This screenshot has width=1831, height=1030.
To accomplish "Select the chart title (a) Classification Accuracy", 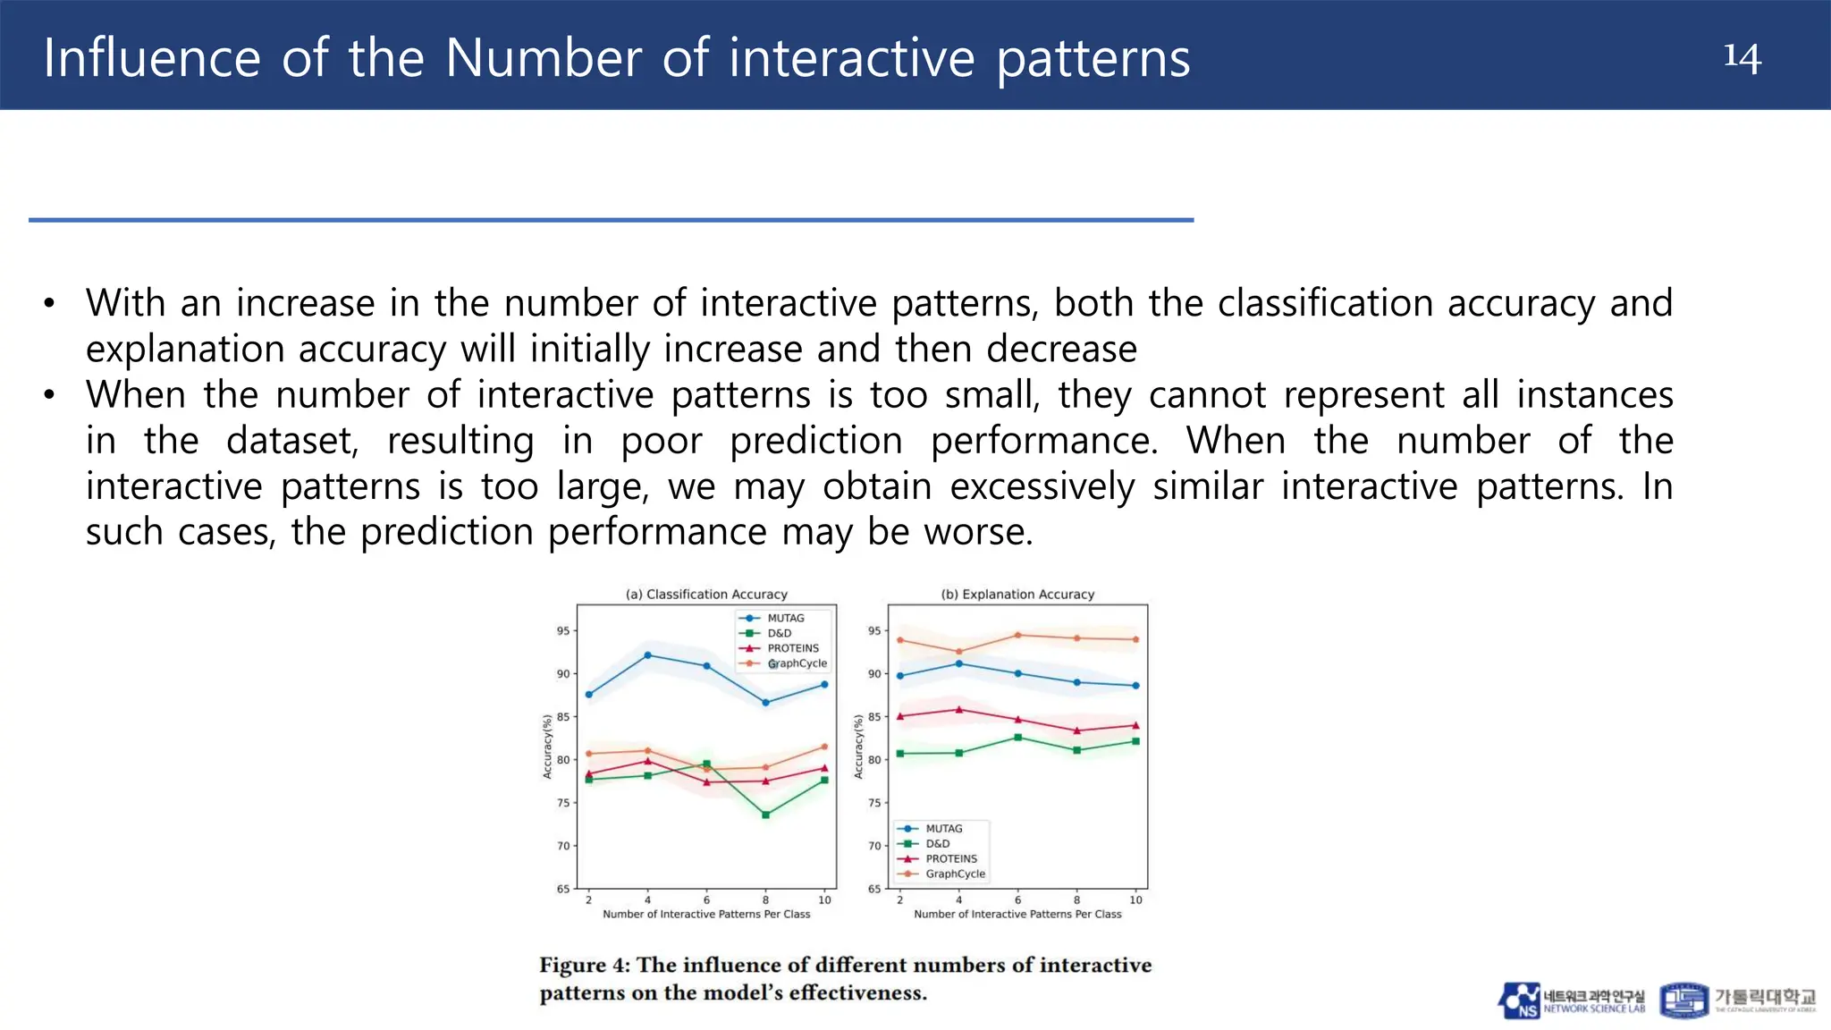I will [706, 594].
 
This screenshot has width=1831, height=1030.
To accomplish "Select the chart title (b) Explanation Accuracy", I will [1017, 594].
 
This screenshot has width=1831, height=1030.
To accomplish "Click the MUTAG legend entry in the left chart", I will [784, 618].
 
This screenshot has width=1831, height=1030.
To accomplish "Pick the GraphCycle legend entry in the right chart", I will [954, 874].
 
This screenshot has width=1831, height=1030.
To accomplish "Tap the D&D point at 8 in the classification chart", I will [765, 815].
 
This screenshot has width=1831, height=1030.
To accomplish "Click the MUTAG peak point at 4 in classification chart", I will [647, 655].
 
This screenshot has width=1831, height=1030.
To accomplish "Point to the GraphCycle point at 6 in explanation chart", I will [1017, 635].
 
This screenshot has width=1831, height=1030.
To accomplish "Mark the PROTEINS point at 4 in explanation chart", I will [959, 710].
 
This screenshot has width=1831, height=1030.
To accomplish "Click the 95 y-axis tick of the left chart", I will [563, 631].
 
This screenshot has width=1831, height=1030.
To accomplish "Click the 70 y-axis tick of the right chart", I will [874, 846].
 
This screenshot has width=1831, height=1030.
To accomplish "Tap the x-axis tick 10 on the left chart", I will [824, 900].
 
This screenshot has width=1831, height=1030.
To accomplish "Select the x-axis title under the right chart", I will [1017, 914].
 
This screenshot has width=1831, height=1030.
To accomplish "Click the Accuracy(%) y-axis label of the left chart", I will [547, 747].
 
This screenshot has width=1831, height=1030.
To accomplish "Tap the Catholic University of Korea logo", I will [1737, 1000].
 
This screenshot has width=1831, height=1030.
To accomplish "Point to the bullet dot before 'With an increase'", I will [49, 303].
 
